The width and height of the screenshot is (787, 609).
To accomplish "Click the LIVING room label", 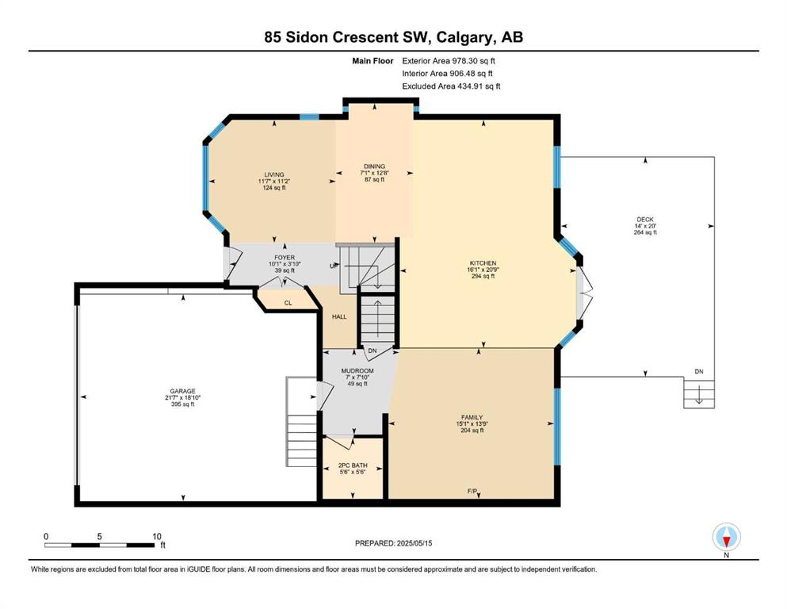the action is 274,174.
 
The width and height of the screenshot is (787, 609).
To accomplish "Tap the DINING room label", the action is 374,167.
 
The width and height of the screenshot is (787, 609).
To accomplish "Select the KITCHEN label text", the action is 483,263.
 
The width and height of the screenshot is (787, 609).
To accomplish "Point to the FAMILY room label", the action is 472,417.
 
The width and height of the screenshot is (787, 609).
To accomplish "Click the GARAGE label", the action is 183,391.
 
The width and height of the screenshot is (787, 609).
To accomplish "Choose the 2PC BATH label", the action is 353,465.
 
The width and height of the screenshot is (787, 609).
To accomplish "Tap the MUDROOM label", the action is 357,371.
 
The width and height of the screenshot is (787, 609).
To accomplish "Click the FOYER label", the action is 285,258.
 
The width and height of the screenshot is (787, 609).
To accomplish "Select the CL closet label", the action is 288,303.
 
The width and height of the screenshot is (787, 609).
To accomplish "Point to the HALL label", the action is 339,317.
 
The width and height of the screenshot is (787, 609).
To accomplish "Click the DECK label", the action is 645,220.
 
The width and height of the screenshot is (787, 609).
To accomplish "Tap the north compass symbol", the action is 726,537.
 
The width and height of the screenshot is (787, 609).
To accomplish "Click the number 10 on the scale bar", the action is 157,536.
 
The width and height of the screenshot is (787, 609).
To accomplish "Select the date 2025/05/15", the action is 414,543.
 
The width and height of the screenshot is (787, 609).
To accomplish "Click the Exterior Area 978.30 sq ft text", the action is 449,61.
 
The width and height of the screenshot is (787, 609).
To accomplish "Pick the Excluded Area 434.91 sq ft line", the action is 451,86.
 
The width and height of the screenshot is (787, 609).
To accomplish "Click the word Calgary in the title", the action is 464,37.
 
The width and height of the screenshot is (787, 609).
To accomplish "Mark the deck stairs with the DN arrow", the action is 699,393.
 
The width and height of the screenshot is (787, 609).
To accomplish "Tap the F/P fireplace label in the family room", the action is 472,491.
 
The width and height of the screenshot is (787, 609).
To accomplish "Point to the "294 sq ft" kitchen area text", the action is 483,276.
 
